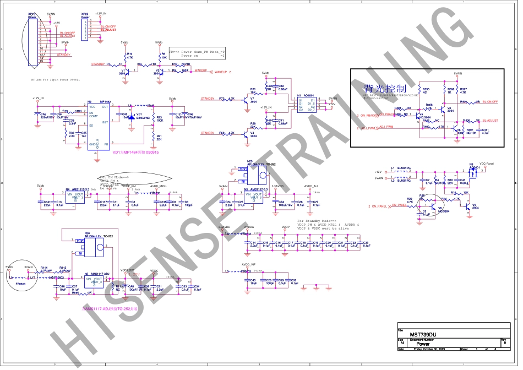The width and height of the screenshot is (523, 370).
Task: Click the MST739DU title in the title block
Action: coord(423,334)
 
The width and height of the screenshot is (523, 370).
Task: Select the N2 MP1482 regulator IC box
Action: coord(99,126)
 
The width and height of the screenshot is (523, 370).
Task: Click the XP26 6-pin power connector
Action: coord(85,29)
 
